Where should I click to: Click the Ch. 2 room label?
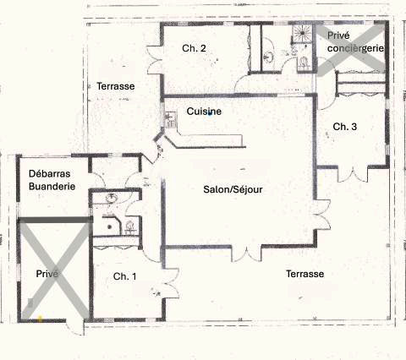pyautogui.click(x=194, y=48)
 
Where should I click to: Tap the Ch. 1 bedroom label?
pyautogui.click(x=124, y=276)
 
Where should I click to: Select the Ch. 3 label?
pyautogui.click(x=345, y=127)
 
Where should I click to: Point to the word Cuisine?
pyautogui.click(x=204, y=112)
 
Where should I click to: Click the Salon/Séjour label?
pyautogui.click(x=233, y=189)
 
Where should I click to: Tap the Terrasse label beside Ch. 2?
pyautogui.click(x=116, y=86)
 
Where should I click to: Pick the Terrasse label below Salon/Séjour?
pyautogui.click(x=305, y=274)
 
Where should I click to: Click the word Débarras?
pyautogui.click(x=50, y=173)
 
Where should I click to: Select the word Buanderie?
pyautogui.click(x=52, y=186)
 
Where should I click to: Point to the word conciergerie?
pyautogui.click(x=356, y=48)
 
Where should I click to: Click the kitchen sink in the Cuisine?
pyautogui.click(x=170, y=120)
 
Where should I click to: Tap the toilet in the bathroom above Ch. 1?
pyautogui.click(x=129, y=227)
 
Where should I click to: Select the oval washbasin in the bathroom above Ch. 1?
pyautogui.click(x=112, y=198)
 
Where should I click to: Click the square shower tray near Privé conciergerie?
pyautogui.click(x=302, y=33)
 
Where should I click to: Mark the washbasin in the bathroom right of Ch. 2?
pyautogui.click(x=267, y=57)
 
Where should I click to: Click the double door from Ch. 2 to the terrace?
pyautogui.click(x=154, y=59)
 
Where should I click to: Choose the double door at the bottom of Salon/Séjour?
pyautogui.click(x=246, y=254)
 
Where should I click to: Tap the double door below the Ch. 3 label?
pyautogui.click(x=353, y=175)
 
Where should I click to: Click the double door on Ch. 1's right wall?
pyautogui.click(x=171, y=283)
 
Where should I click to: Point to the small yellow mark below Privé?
pyautogui.click(x=40, y=319)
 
